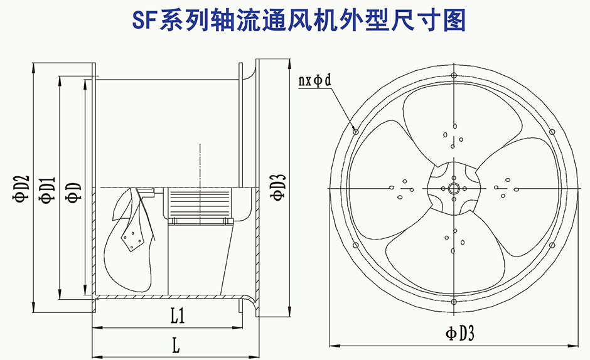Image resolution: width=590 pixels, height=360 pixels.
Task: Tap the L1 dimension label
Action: point(178,317)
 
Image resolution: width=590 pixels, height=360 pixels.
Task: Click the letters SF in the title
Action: point(144,20)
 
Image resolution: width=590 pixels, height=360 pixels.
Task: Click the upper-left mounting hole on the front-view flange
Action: point(356,131)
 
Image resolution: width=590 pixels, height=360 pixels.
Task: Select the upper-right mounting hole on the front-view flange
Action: point(552,131)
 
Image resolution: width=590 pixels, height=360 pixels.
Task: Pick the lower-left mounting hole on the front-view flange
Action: point(356,245)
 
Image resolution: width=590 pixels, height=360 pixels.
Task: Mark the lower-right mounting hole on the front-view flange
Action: point(552,245)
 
